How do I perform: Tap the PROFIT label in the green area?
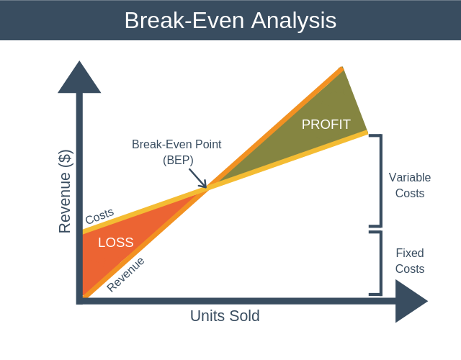(x=326, y=125)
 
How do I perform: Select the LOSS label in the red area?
(x=115, y=243)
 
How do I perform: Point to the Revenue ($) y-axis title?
(x=65, y=192)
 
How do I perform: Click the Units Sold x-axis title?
(x=225, y=316)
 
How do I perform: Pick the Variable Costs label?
(x=406, y=185)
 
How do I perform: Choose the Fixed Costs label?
(x=409, y=261)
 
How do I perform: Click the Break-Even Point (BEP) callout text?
(x=176, y=152)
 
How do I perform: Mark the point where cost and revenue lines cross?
(x=208, y=189)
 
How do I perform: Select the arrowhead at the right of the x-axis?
(x=411, y=300)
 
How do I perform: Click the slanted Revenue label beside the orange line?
(x=125, y=274)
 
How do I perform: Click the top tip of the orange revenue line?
(x=341, y=68)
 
